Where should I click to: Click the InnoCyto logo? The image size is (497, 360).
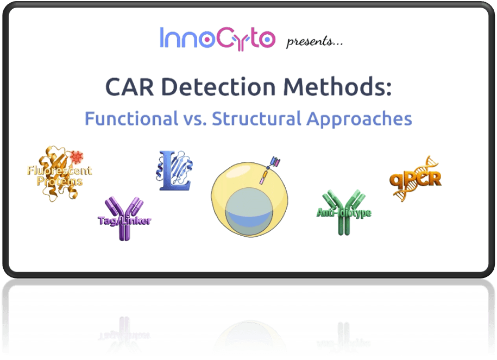coord(217,39)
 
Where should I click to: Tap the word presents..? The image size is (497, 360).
coord(314,41)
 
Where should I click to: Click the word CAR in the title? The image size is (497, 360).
coord(129,87)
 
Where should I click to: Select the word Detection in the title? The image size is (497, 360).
coord(218,86)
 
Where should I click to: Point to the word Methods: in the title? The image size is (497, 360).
coord(337,86)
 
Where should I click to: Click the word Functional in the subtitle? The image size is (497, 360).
coord(131,118)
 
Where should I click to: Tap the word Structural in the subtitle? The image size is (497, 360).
coord(256,118)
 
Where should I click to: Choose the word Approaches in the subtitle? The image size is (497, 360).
coord(359,119)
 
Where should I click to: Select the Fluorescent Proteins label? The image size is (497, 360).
coord(60,175)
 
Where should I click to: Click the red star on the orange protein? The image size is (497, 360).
coord(77,157)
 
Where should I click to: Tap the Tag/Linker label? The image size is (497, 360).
coord(124,220)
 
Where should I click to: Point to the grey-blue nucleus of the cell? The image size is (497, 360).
coord(249,211)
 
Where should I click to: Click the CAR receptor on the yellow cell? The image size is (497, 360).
coord(270,169)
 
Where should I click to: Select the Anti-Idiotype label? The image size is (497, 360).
coord(344,213)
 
